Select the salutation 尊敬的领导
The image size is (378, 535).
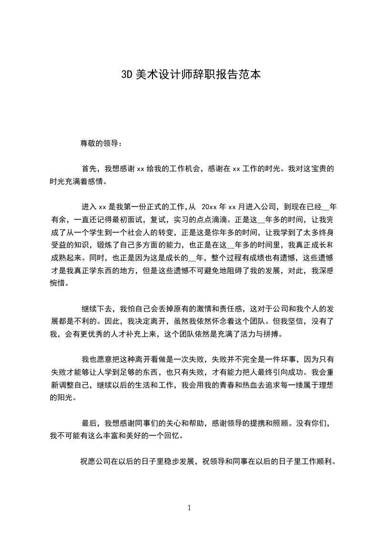(x=98, y=143)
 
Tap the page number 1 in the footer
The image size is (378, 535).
(x=189, y=508)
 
